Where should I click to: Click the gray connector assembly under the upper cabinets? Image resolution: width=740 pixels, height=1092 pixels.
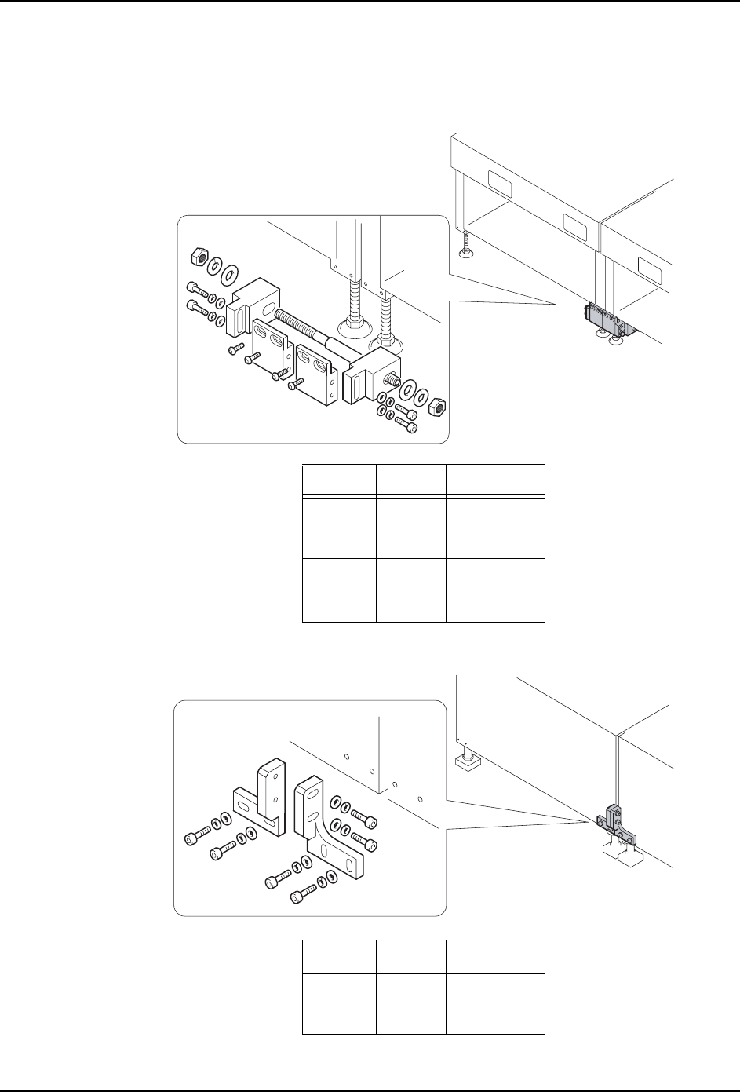pos(605,320)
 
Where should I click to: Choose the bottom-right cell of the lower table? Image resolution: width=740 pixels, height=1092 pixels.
pos(495,1017)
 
